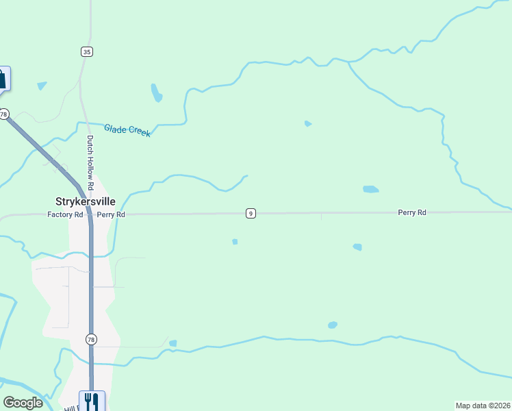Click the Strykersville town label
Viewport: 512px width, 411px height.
tap(85, 201)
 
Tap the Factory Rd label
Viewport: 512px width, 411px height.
tap(65, 214)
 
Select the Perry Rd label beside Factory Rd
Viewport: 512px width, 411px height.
tap(111, 214)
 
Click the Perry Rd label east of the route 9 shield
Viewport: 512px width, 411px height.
tap(412, 213)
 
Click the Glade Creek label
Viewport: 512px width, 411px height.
tap(127, 129)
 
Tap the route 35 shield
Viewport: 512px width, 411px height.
tap(86, 51)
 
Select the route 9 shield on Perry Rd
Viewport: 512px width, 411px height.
tap(251, 214)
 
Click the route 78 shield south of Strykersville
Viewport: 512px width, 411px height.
tap(91, 339)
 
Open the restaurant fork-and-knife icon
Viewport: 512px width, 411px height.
tap(92, 400)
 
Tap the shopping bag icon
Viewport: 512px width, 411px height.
tap(3, 79)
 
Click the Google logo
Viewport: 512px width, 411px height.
tap(23, 403)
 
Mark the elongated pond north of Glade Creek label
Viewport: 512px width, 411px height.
tap(157, 92)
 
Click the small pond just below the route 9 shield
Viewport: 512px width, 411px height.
tap(235, 241)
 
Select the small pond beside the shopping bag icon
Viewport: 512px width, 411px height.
tap(42, 86)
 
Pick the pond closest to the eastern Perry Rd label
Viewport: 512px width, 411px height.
tap(370, 189)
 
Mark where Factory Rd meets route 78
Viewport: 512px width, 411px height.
tap(90, 214)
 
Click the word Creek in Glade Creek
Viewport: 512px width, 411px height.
tap(138, 132)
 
